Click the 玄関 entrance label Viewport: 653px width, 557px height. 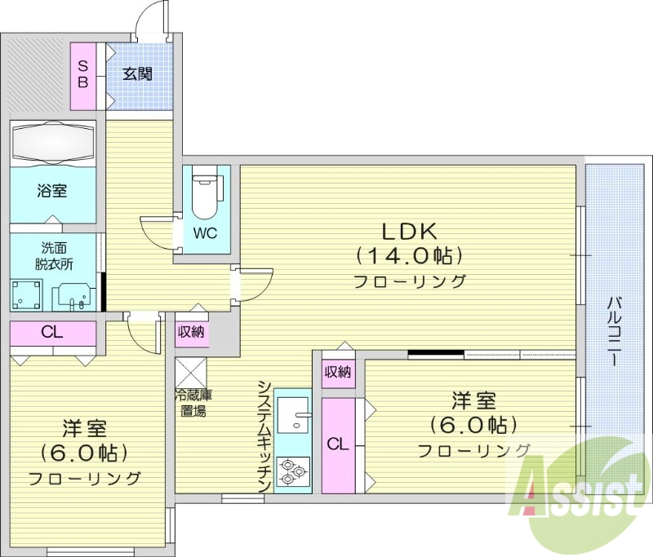click(x=138, y=73)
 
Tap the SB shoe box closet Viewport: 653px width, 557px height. click(x=83, y=74)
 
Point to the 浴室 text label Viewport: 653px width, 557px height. click(x=51, y=191)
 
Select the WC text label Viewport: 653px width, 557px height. click(x=205, y=233)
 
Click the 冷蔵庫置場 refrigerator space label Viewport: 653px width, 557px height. click(x=193, y=403)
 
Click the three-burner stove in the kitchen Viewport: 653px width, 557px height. click(x=292, y=471)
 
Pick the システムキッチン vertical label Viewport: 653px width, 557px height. click(x=264, y=437)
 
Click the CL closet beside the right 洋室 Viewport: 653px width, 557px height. click(x=337, y=444)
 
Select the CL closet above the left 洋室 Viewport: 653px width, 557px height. click(x=51, y=333)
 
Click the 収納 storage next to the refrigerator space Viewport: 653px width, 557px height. click(x=192, y=332)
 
